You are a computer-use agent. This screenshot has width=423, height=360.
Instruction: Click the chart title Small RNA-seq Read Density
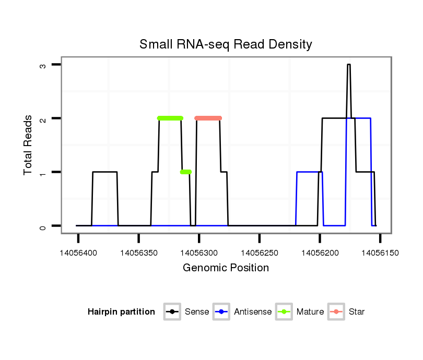pyautogui.click(x=226, y=44)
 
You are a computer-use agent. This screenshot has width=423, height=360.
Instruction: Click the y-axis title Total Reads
pyautogui.click(x=29, y=145)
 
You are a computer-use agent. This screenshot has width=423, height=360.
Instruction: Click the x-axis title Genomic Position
pyautogui.click(x=226, y=268)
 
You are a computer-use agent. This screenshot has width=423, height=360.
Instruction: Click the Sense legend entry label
pyautogui.click(x=197, y=312)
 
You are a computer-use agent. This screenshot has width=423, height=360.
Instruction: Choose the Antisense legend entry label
pyautogui.click(x=253, y=312)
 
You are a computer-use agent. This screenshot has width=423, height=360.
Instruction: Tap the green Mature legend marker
pyautogui.click(x=284, y=312)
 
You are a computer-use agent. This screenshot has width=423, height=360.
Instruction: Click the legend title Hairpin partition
pyautogui.click(x=121, y=312)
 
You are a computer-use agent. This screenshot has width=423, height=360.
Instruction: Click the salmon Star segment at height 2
pyautogui.click(x=208, y=118)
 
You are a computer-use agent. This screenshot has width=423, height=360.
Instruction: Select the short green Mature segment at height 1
pyautogui.click(x=186, y=172)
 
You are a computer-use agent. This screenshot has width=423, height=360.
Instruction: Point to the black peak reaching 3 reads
pyautogui.click(x=348, y=65)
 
